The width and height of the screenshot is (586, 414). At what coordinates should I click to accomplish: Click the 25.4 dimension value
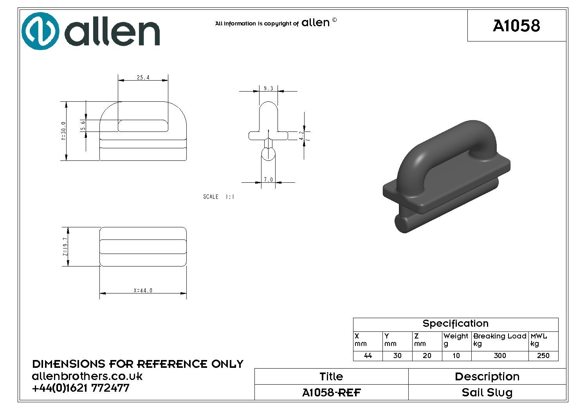point(143,77)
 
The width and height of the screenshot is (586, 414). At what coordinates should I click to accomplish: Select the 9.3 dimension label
point(269,88)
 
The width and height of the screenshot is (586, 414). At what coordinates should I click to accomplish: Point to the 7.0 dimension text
point(269,179)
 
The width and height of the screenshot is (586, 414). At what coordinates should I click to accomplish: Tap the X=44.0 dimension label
point(143,290)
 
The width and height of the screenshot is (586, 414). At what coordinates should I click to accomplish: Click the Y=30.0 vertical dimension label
point(63,131)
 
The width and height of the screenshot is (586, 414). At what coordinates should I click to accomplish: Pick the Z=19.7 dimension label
point(65,247)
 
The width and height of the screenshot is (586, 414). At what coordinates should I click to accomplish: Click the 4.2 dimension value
point(301,135)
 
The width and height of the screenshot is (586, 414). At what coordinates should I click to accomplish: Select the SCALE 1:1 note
point(219,197)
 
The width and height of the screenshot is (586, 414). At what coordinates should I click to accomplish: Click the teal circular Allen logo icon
point(40,31)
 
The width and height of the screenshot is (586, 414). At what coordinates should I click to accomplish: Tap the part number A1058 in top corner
point(516,25)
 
